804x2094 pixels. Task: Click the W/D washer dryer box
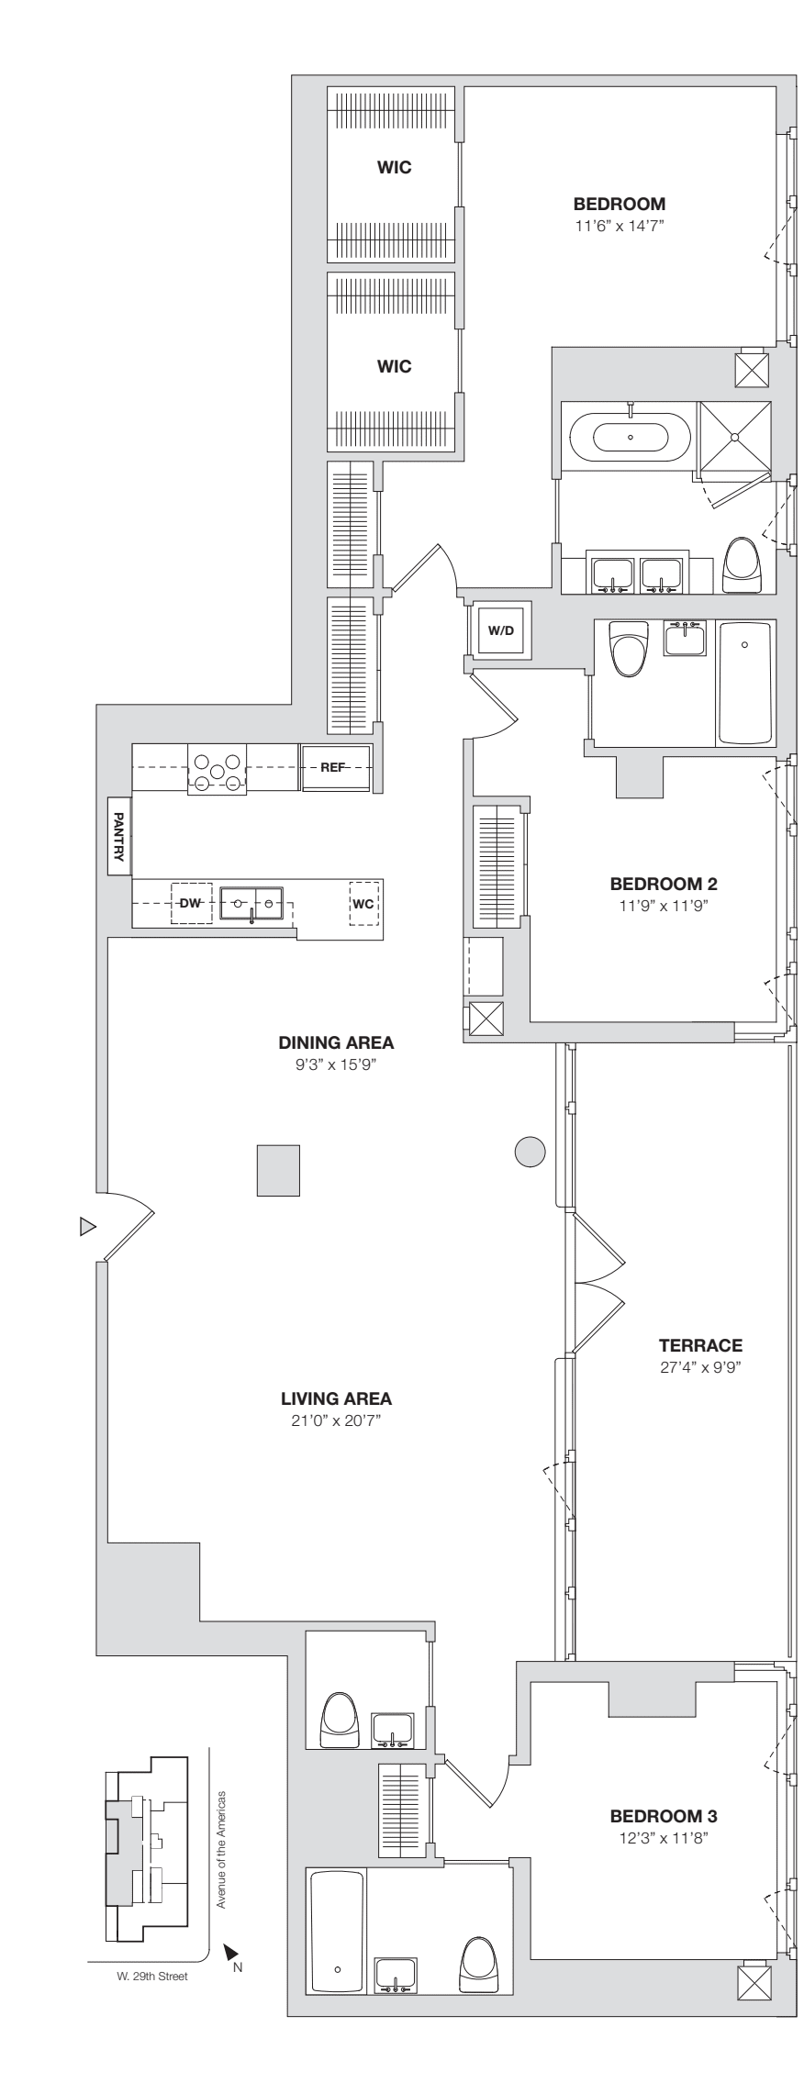pos(499,630)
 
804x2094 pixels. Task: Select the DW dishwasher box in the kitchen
pos(190,903)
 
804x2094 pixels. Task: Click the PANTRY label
pos(118,836)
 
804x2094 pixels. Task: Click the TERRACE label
pos(699,1346)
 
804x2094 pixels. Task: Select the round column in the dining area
pos(530,1152)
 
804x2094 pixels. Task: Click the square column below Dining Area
pos(278,1170)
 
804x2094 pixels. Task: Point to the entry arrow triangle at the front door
pos(87,1226)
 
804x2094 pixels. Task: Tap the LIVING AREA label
pos(336,1399)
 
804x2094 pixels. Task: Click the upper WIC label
pos(394,167)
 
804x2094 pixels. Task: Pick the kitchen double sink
pos(252,903)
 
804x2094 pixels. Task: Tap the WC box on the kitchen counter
pos(363,903)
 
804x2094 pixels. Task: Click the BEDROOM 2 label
pos(663,885)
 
